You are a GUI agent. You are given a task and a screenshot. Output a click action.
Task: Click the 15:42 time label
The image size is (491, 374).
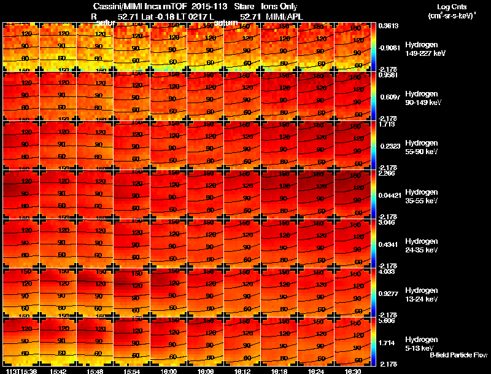pos(58,371)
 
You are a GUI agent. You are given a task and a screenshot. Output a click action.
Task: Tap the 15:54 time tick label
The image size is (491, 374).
pos(132,371)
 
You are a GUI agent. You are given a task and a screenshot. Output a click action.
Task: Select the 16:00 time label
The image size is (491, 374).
pos(169,371)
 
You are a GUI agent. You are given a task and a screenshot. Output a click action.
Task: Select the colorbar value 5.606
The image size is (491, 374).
pos(387,321)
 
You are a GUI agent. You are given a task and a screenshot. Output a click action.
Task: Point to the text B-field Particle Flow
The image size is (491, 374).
pos(458,355)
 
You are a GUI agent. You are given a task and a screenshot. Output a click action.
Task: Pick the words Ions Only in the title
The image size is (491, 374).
pos(279,6)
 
